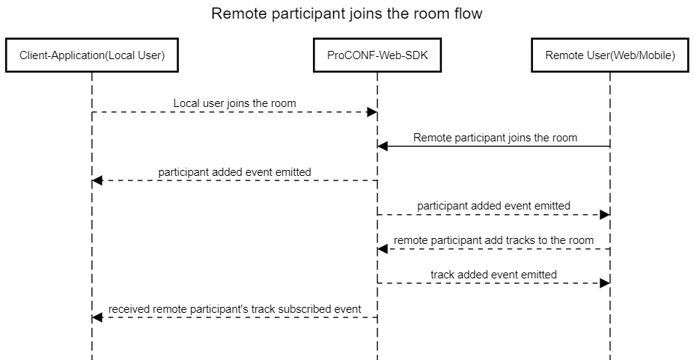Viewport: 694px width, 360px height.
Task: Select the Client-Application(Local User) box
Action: [92, 55]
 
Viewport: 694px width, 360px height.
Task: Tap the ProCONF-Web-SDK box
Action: [377, 55]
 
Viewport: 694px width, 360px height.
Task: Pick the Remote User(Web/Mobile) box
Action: [610, 55]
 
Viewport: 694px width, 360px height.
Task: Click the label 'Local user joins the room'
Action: [234, 103]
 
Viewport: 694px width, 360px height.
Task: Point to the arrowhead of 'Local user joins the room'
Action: [372, 112]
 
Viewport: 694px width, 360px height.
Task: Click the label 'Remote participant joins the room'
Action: [495, 138]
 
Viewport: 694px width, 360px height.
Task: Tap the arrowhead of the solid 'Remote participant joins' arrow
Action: [382, 147]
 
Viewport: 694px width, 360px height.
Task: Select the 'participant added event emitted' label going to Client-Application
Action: [234, 171]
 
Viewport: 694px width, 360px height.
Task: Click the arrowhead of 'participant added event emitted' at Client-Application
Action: [97, 180]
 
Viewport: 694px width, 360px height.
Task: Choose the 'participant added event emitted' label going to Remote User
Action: [493, 205]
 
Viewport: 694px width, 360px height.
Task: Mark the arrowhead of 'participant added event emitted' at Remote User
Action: [606, 215]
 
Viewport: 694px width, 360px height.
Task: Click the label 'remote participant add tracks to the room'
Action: [493, 240]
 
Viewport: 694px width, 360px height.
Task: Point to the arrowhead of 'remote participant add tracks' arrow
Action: [382, 249]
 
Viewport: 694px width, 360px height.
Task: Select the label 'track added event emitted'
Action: [493, 275]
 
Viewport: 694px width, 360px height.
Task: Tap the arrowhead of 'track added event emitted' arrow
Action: [606, 284]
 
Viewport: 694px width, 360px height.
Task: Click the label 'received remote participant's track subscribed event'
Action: [234, 308]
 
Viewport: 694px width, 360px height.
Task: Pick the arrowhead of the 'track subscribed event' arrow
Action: [97, 318]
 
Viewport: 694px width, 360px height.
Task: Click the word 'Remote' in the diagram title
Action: [235, 13]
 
